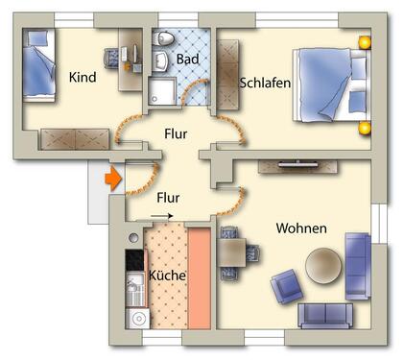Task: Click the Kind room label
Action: click(83, 78)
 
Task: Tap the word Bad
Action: click(188, 60)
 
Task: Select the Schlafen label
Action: click(265, 83)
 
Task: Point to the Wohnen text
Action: click(301, 228)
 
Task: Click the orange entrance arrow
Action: click(111, 178)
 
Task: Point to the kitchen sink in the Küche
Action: click(135, 287)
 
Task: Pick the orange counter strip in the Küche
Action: click(198, 277)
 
